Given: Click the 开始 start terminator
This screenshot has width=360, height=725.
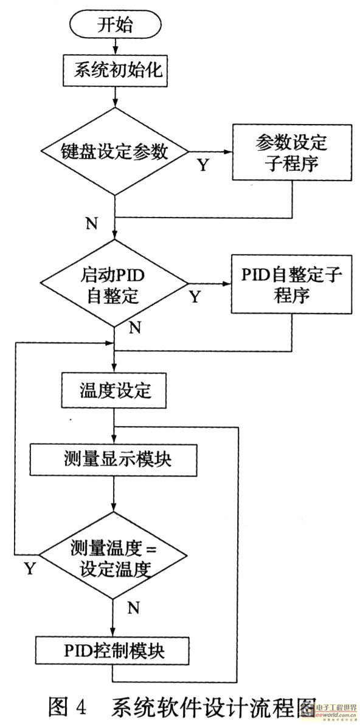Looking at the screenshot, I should click(x=114, y=26).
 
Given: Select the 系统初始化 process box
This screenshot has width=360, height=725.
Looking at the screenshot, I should click(x=114, y=70).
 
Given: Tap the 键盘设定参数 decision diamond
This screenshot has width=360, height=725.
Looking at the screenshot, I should click(x=114, y=152).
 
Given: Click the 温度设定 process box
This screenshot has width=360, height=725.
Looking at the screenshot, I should click(x=114, y=390).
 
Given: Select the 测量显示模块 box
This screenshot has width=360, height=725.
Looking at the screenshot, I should click(x=114, y=459).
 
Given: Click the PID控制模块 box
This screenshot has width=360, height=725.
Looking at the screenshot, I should click(x=114, y=651).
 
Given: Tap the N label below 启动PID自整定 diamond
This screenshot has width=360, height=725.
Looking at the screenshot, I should click(x=134, y=328).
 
